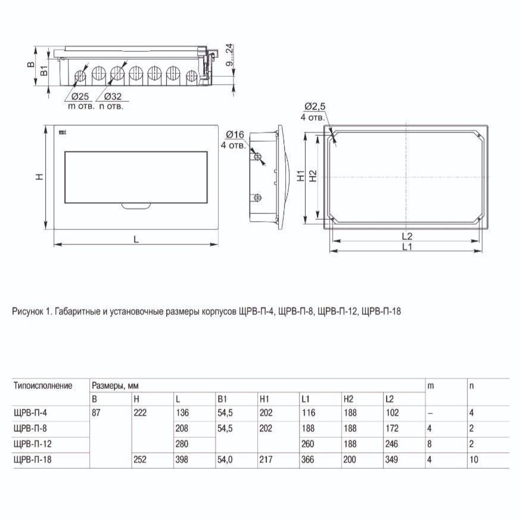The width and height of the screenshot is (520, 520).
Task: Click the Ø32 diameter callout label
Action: click(114, 96)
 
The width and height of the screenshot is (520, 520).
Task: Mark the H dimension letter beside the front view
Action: click(38, 177)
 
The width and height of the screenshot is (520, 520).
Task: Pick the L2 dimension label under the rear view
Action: click(407, 235)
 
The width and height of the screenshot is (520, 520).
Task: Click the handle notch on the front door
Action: click(136, 207)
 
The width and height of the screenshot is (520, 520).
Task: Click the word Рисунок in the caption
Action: click(26, 311)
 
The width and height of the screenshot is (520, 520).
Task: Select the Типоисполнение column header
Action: click(42, 385)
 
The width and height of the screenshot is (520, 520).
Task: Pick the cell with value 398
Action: click(182, 460)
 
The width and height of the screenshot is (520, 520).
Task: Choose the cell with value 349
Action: click(393, 460)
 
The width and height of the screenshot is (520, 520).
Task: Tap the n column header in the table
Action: click(471, 385)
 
